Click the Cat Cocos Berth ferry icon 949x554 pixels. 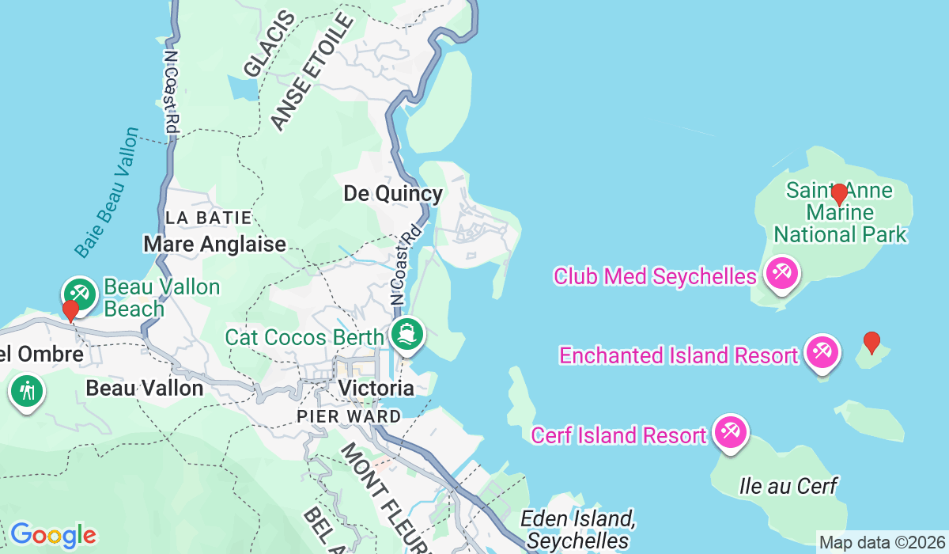[x=408, y=333]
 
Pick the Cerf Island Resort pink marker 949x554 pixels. [x=730, y=433]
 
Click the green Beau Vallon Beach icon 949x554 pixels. [x=81, y=293]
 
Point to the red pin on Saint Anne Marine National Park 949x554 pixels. [x=839, y=194]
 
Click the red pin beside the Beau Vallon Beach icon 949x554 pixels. [x=70, y=310]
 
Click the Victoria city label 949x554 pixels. [x=376, y=388]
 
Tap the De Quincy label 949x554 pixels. [x=393, y=194]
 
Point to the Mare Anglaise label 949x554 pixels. [x=214, y=244]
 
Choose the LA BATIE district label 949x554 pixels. [x=208, y=217]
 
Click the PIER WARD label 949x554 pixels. [x=349, y=415]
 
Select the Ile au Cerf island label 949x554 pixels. [x=788, y=486]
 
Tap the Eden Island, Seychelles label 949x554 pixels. [x=579, y=529]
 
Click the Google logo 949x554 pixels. [x=53, y=535]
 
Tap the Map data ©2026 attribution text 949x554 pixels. [x=880, y=543]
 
